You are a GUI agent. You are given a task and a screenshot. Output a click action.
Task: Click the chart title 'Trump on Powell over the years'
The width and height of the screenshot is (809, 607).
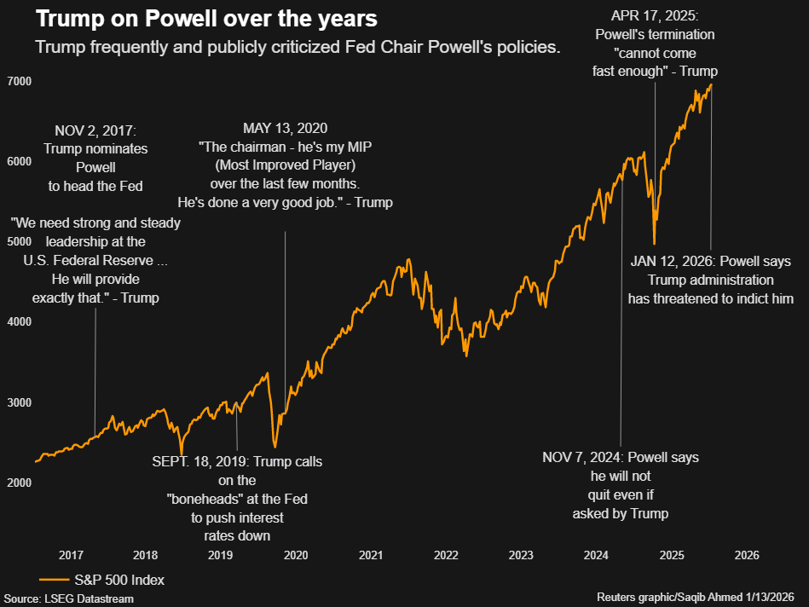tap(195, 19)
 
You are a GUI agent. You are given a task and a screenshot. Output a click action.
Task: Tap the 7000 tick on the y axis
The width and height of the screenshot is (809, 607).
tap(20, 81)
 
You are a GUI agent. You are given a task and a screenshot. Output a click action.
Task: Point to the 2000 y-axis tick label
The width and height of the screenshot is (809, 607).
tap(20, 483)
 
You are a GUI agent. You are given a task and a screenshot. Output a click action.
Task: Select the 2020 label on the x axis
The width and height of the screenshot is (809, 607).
tap(296, 555)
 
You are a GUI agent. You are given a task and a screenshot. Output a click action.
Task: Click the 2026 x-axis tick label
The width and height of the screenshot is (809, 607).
tap(747, 555)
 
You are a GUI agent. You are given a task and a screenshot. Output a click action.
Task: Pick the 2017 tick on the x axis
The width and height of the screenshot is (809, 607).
tap(71, 555)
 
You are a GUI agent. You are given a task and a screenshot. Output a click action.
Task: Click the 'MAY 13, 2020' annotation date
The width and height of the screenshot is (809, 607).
tap(285, 129)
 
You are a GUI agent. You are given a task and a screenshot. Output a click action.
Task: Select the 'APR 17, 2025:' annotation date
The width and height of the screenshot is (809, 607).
tap(655, 15)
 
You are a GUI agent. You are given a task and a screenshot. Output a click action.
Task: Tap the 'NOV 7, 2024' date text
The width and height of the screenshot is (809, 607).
tap(581, 458)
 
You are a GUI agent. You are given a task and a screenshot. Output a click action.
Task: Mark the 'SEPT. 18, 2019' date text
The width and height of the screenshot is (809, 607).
tap(199, 461)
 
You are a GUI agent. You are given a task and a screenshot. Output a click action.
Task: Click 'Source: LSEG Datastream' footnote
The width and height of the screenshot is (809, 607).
tap(68, 598)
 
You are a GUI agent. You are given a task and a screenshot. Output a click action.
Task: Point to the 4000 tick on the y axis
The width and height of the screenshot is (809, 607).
tap(20, 322)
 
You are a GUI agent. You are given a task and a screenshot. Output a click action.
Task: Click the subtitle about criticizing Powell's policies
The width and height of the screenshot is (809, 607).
tap(298, 47)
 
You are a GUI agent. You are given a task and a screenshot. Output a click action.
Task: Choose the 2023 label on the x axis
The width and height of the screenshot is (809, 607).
tap(521, 555)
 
